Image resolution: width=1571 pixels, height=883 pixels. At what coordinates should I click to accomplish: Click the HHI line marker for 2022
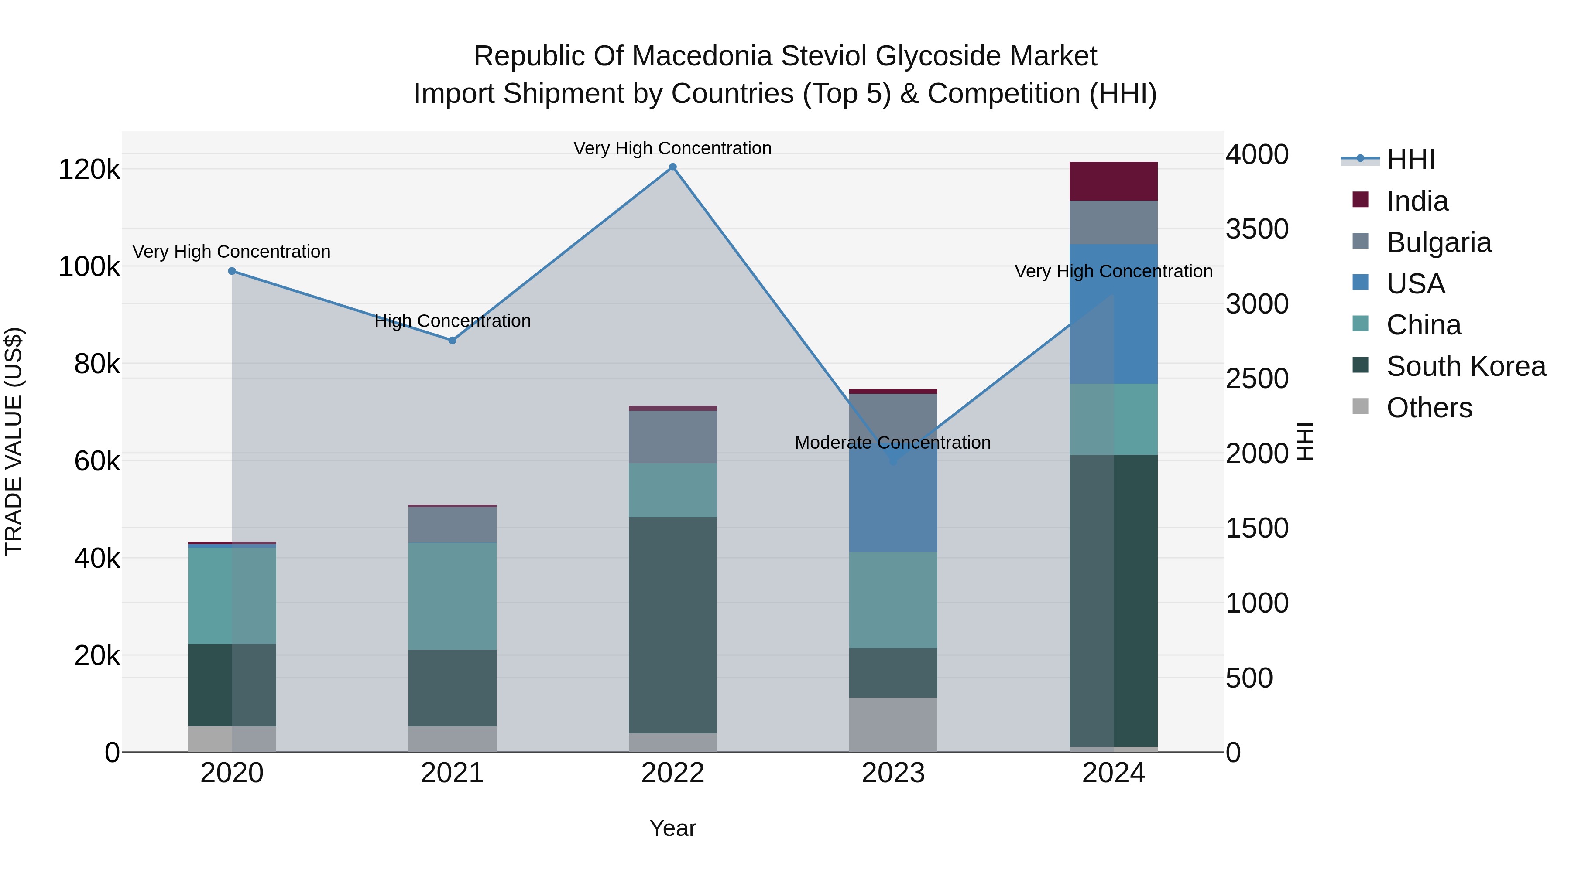pyautogui.click(x=672, y=167)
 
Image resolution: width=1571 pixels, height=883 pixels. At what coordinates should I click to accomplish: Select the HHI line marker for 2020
pyautogui.click(x=232, y=271)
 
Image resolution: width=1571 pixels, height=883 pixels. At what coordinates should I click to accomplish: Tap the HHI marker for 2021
pyautogui.click(x=453, y=341)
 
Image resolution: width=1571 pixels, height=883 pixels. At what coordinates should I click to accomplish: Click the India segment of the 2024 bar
pyautogui.click(x=1114, y=181)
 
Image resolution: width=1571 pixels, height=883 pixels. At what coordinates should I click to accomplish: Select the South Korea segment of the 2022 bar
pyautogui.click(x=672, y=624)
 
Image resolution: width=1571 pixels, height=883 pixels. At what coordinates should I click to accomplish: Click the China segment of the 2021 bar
pyautogui.click(x=453, y=596)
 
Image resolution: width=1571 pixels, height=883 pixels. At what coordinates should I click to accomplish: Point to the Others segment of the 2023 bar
pyautogui.click(x=893, y=725)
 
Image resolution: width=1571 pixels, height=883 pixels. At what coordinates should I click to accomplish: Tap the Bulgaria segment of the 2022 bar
pyautogui.click(x=672, y=436)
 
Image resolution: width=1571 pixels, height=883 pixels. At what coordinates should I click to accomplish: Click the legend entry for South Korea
pyautogui.click(x=1465, y=366)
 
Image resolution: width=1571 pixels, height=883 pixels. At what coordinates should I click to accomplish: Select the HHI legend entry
pyautogui.click(x=1410, y=160)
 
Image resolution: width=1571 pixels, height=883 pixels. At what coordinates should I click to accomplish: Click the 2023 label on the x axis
pyautogui.click(x=893, y=773)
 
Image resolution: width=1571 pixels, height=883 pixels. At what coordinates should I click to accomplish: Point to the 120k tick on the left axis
pyautogui.click(x=89, y=170)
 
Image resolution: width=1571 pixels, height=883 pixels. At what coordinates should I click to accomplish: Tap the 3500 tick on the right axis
pyautogui.click(x=1257, y=229)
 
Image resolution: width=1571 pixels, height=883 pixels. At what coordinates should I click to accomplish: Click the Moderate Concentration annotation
pyautogui.click(x=892, y=443)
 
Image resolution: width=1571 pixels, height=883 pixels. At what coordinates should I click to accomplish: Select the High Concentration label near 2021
pyautogui.click(x=453, y=321)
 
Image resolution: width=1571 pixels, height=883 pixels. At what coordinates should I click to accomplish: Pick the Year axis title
pyautogui.click(x=672, y=828)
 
